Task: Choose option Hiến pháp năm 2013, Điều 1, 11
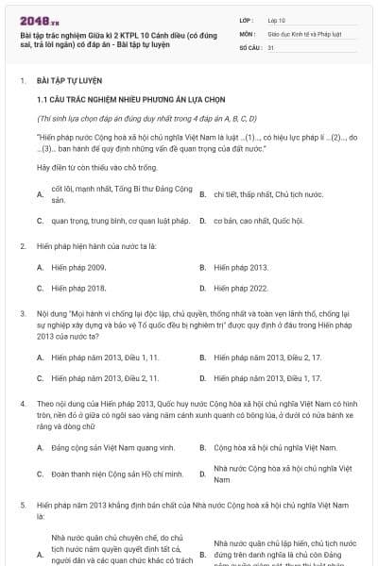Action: point(105,358)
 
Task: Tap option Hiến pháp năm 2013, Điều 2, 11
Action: point(105,378)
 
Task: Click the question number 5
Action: point(23,506)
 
